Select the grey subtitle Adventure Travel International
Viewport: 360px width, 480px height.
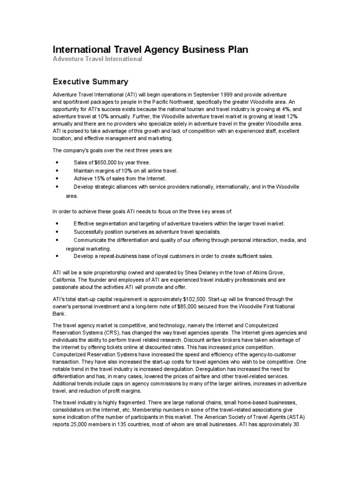click(x=97, y=60)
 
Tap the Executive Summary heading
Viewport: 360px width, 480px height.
click(x=90, y=82)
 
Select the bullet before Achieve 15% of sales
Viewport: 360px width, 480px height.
click(x=57, y=179)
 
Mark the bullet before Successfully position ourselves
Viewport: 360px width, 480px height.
click(x=57, y=232)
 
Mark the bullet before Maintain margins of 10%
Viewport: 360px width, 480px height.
click(x=57, y=170)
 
